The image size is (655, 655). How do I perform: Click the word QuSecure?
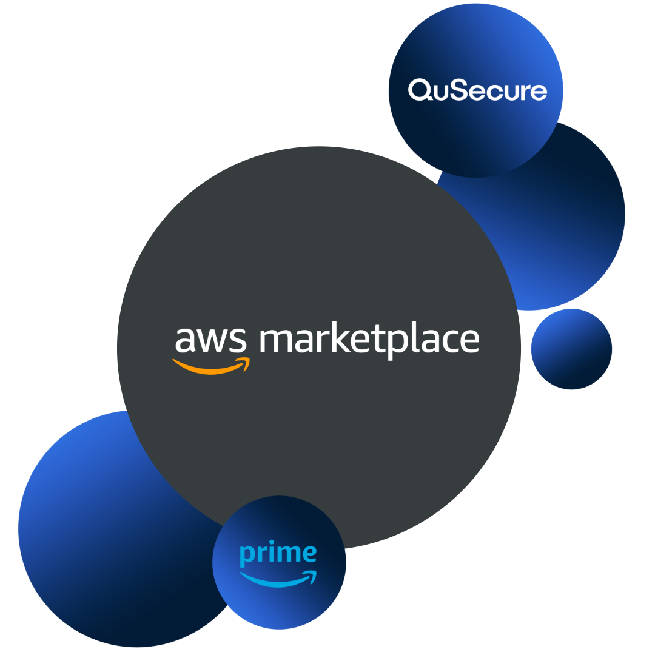[x=477, y=91]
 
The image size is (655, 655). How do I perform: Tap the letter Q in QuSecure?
[x=419, y=91]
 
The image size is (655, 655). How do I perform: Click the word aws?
[x=211, y=340]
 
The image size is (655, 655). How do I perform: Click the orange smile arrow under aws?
[x=209, y=367]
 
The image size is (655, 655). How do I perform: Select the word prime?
[x=278, y=554]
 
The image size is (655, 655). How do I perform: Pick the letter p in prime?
[x=246, y=556]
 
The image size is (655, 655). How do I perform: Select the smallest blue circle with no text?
[x=571, y=349]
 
